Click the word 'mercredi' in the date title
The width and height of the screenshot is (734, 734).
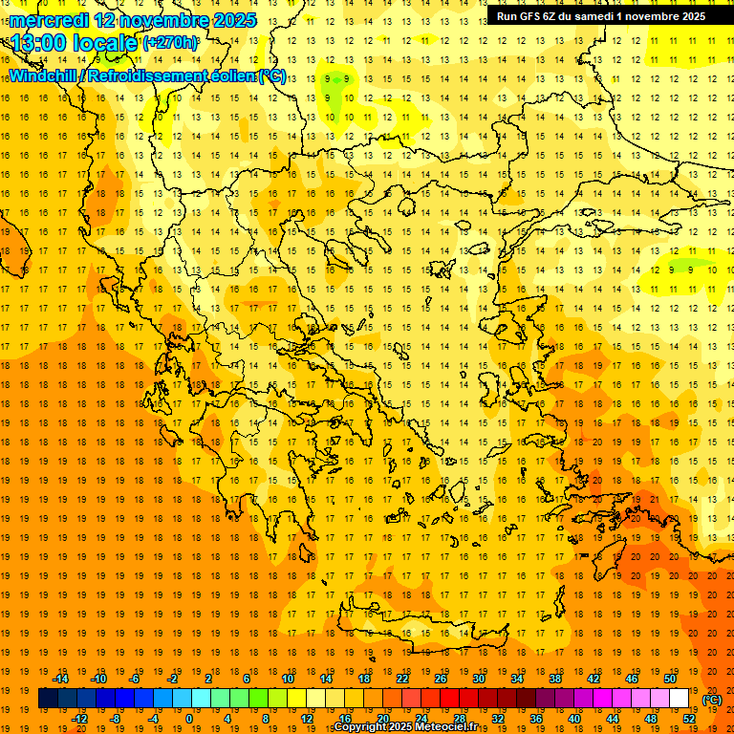click(50, 20)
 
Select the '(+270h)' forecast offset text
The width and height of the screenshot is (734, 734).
click(171, 43)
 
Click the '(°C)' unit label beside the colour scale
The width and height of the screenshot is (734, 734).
click(712, 700)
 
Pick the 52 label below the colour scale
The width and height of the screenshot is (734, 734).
click(689, 718)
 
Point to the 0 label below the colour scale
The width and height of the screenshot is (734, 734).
click(188, 718)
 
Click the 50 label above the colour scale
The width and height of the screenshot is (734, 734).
click(669, 679)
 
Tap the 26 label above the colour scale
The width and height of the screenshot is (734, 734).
click(440, 679)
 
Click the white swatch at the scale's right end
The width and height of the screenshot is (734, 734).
click(679, 699)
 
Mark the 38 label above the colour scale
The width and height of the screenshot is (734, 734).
click(554, 679)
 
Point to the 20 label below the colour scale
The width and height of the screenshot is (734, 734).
click(382, 718)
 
